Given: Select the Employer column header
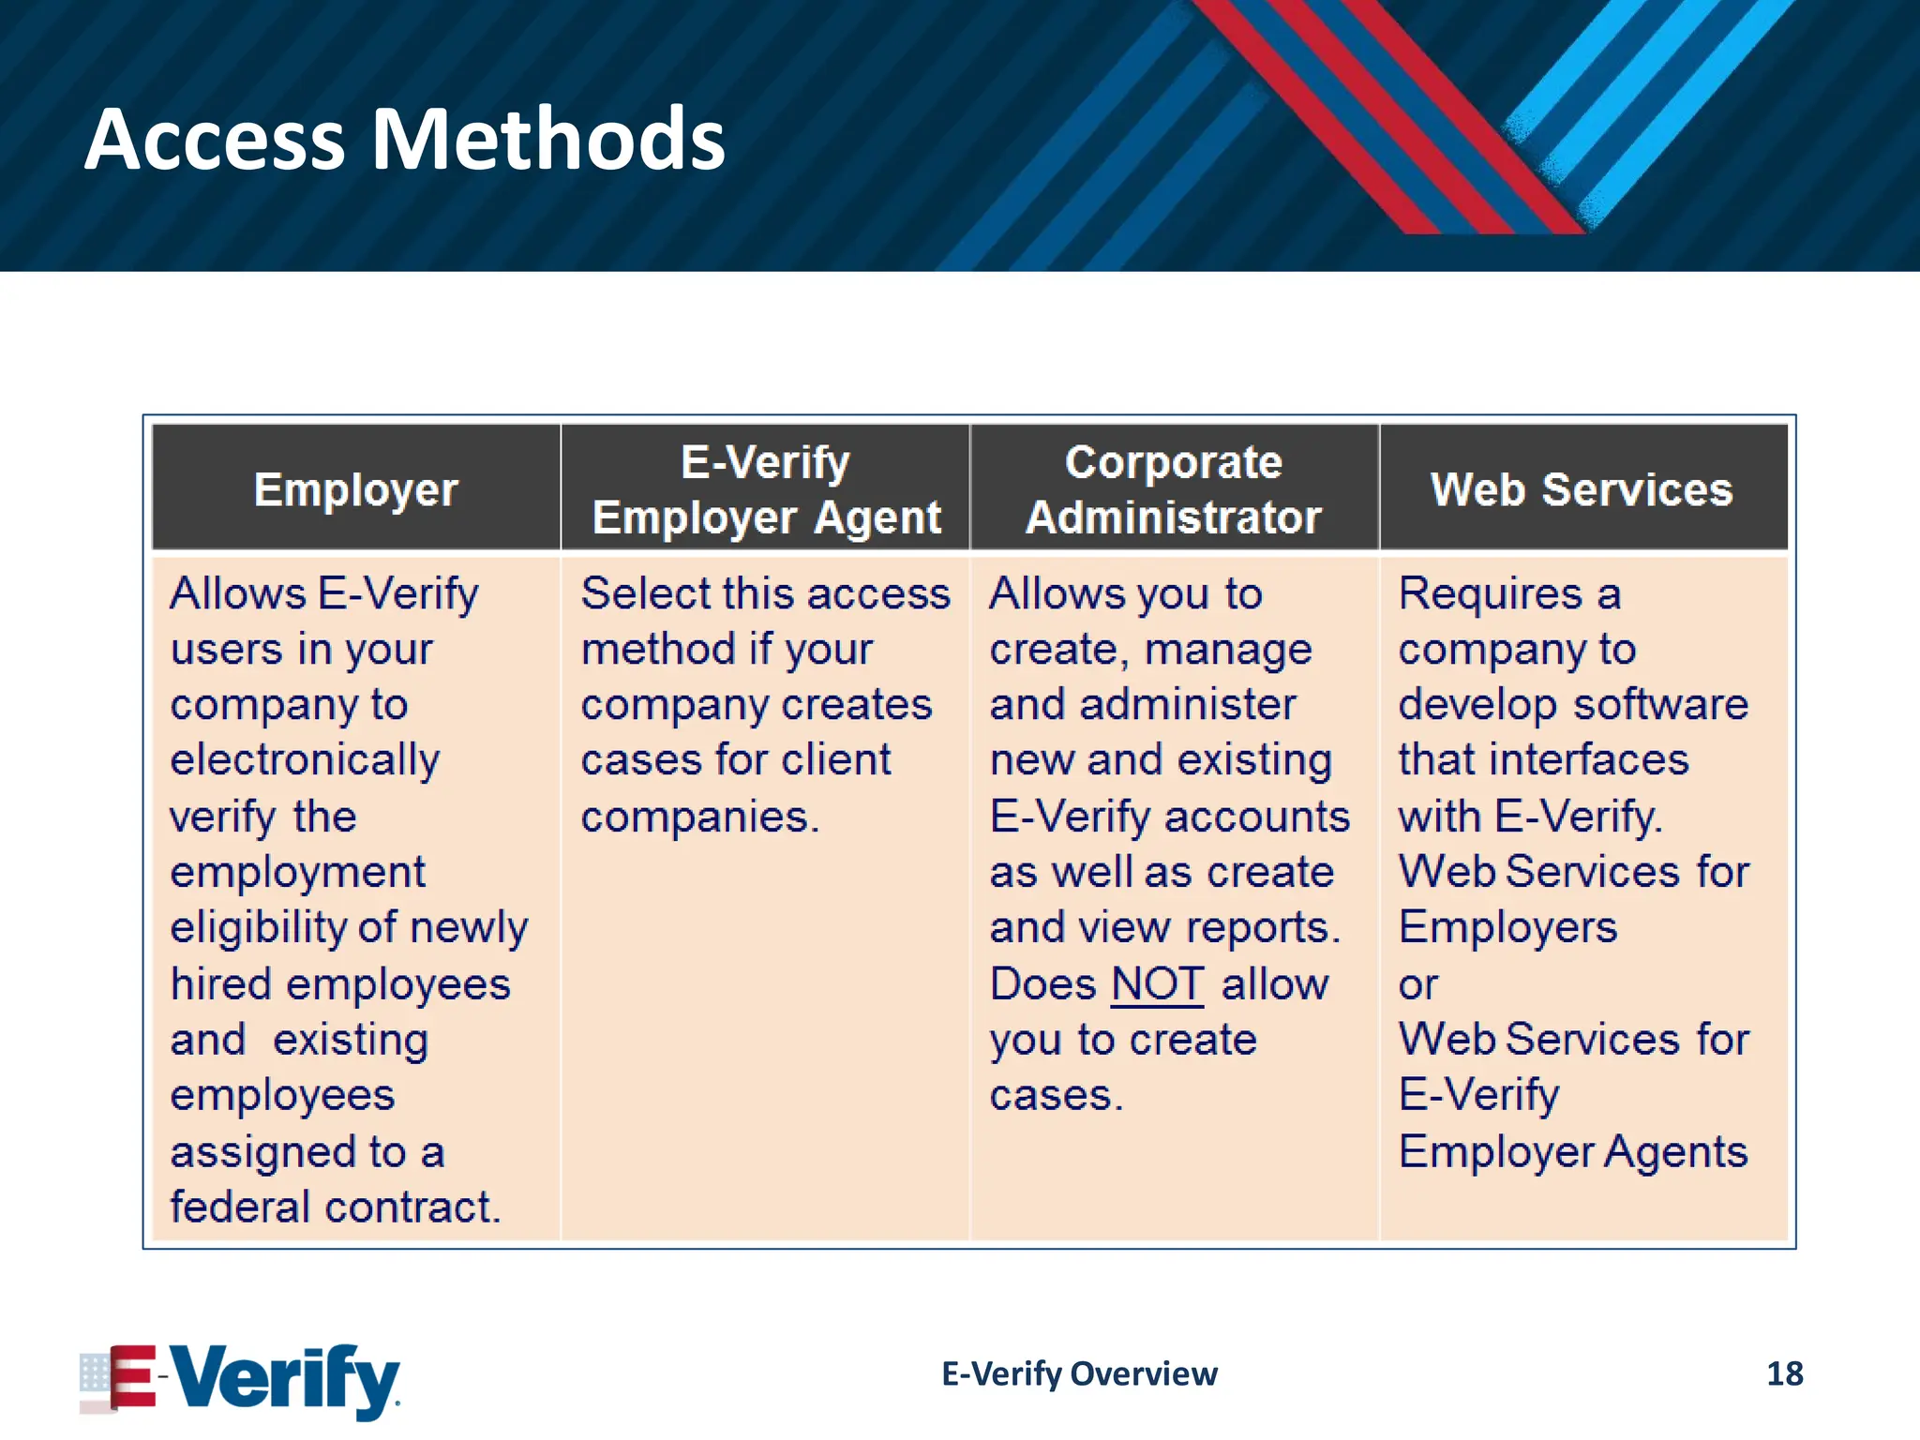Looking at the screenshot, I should pyautogui.click(x=356, y=489).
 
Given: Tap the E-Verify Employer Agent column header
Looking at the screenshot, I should pyautogui.click(x=766, y=489).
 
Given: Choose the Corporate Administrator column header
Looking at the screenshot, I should pyautogui.click(x=1174, y=489).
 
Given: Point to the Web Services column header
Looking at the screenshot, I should pyautogui.click(x=1582, y=489).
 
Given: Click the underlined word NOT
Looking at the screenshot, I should pyautogui.click(x=1157, y=984).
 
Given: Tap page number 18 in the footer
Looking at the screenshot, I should pyautogui.click(x=1784, y=1373).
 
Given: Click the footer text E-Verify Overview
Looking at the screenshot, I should pyautogui.click(x=1079, y=1373).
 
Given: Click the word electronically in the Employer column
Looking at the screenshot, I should pyautogui.click(x=305, y=760).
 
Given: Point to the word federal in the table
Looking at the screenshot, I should pyautogui.click(x=240, y=1207).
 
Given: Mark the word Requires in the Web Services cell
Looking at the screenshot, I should pyautogui.click(x=1490, y=593).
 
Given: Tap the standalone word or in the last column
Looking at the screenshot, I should pyautogui.click(x=1417, y=984).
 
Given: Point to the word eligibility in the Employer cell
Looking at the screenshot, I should pyautogui.click(x=258, y=928).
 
